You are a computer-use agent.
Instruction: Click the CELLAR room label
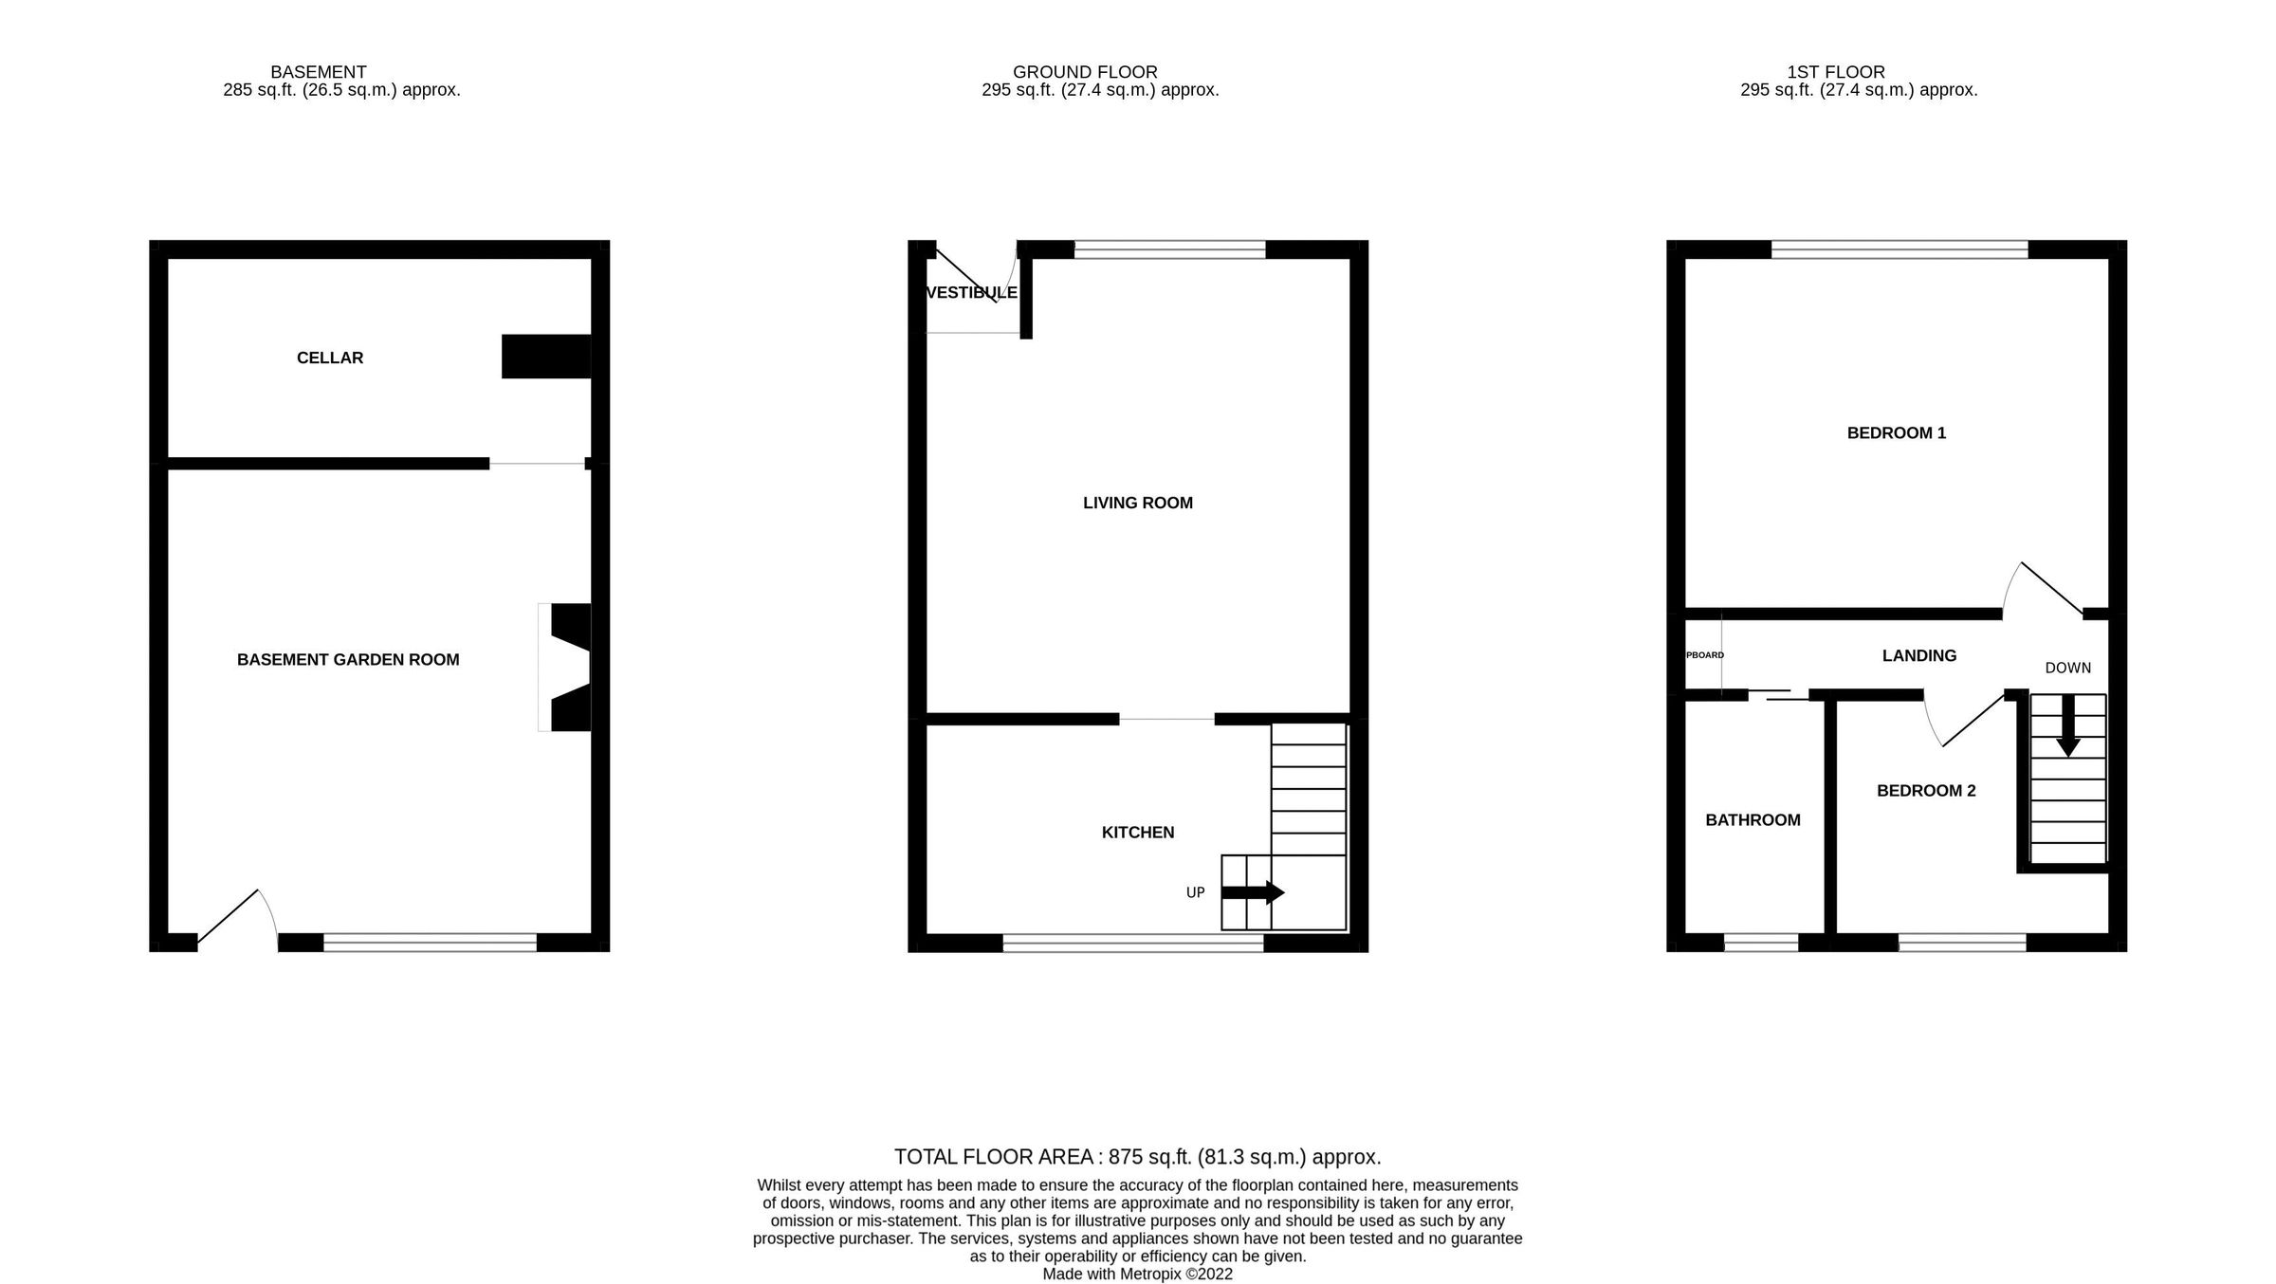coord(330,358)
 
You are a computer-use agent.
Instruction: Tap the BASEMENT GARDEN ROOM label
coord(348,660)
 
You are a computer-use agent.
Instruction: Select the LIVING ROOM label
coord(1138,504)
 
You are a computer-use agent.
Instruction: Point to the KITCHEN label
coord(1138,833)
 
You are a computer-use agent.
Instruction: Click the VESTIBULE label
coord(971,293)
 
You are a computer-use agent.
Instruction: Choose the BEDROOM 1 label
coord(1897,433)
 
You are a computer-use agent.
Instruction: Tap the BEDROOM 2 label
coord(1926,791)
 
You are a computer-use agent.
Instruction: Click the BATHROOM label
coord(1753,820)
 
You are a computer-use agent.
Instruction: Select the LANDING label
coord(1919,656)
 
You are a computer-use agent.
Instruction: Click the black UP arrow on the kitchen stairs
coord(1253,892)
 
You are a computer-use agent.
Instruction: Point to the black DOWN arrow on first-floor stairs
coord(2067,725)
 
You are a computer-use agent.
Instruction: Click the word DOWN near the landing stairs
coord(2067,669)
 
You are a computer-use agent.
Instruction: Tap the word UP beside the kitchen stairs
coord(1196,893)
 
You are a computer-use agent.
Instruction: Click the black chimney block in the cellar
coord(546,357)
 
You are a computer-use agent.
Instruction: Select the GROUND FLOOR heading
coord(1085,72)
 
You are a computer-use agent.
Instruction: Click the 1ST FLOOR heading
coord(1836,72)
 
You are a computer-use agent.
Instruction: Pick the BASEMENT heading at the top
coord(319,72)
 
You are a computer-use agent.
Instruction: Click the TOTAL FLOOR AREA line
coord(1137,1157)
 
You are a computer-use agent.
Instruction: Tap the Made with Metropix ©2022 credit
coord(1137,1275)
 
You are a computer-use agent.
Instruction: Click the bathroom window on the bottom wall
coord(1761,943)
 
